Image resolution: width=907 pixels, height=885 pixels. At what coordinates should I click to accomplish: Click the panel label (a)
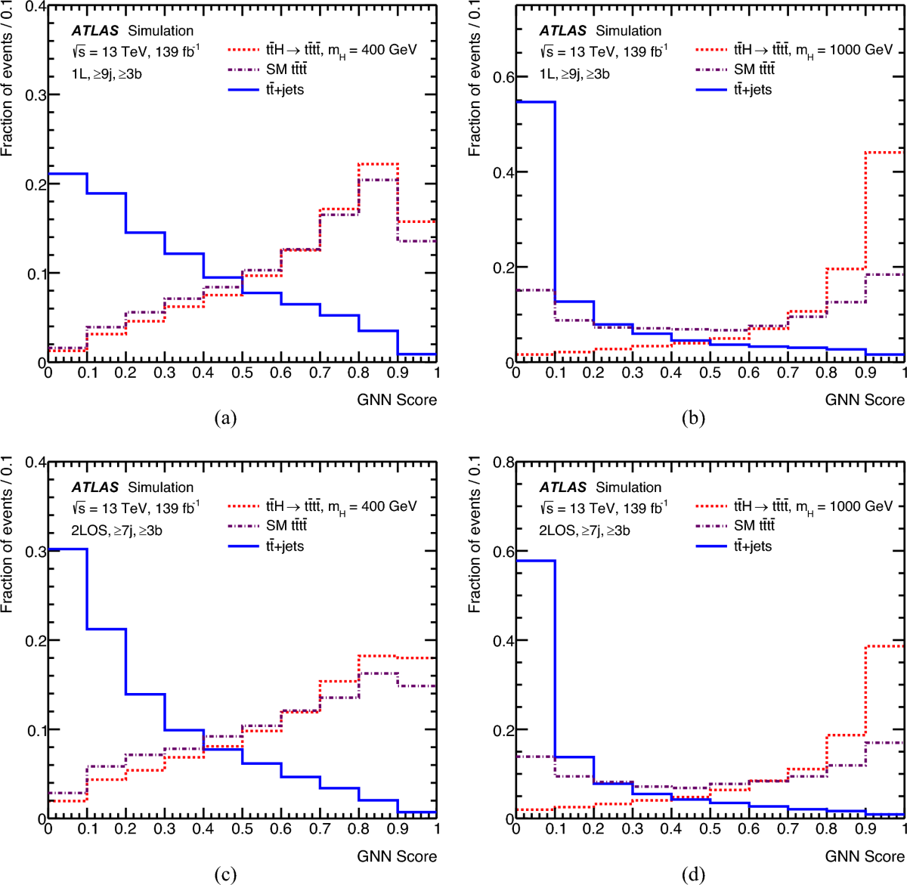click(225, 418)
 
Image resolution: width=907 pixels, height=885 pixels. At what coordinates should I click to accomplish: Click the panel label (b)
click(693, 418)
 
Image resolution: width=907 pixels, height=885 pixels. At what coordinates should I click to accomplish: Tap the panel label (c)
click(225, 874)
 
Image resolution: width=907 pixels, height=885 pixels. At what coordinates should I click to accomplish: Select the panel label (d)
click(693, 874)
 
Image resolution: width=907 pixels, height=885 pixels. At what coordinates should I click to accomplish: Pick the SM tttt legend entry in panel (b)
click(754, 70)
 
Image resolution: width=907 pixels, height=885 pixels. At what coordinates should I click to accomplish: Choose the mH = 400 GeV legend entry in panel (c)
click(341, 506)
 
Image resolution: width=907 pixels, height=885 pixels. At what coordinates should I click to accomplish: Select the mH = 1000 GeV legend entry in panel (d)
click(813, 506)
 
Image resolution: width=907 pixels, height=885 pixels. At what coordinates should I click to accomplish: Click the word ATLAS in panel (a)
click(95, 31)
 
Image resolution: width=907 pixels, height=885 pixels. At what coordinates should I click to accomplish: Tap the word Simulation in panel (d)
click(628, 487)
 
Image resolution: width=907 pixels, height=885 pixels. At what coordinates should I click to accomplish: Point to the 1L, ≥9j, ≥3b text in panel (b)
click(574, 74)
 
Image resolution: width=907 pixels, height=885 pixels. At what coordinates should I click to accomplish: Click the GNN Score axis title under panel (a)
click(397, 399)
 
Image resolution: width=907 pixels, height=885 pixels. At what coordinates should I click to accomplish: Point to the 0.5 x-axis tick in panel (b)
click(710, 373)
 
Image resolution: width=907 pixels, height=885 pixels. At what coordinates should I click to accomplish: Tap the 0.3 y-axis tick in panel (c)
click(36, 552)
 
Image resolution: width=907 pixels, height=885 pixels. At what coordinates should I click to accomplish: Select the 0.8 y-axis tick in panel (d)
click(503, 463)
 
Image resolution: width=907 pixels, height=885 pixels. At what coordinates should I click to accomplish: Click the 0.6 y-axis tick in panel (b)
click(503, 77)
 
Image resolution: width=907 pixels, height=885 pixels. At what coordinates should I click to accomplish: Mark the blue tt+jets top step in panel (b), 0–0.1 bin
click(536, 102)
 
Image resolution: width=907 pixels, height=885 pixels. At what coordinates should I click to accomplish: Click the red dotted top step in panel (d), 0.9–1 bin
click(885, 646)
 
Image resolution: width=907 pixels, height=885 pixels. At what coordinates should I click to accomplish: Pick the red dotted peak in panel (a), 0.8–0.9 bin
click(378, 164)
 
